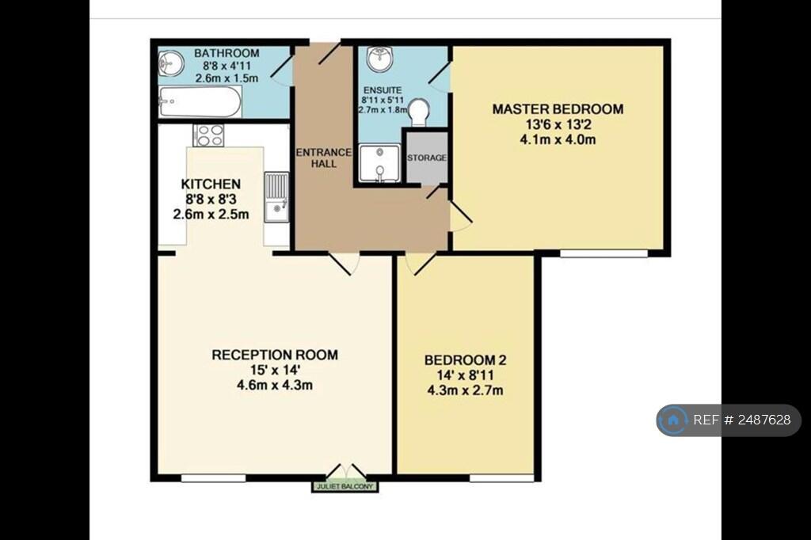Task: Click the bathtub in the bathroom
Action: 200,102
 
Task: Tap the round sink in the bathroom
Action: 171,63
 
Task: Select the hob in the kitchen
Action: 209,135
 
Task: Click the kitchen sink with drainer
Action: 276,197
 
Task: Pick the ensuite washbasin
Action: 379,59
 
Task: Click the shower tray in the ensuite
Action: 379,163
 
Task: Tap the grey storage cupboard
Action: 427,158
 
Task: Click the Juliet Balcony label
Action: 345,487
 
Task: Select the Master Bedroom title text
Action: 558,109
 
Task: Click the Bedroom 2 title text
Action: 465,360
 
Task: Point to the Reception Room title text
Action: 275,355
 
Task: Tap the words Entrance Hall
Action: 323,158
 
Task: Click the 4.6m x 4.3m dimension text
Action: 275,385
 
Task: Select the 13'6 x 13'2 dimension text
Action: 558,124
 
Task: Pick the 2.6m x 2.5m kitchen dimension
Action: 211,214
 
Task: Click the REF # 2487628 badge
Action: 729,420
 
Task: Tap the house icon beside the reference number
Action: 673,420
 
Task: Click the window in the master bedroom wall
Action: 603,253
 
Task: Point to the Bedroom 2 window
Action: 501,478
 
